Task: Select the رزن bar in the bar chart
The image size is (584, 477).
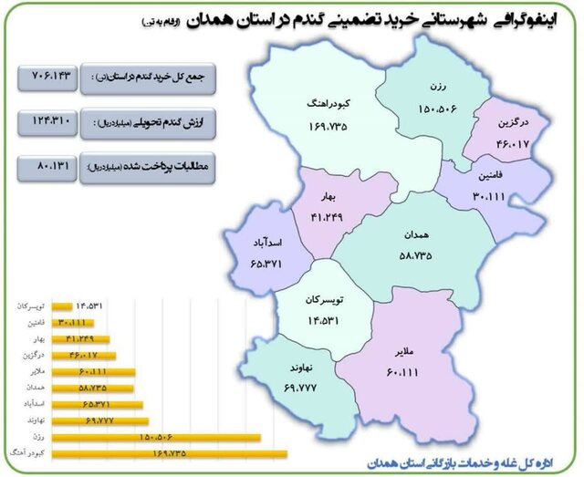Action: coord(155,436)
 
